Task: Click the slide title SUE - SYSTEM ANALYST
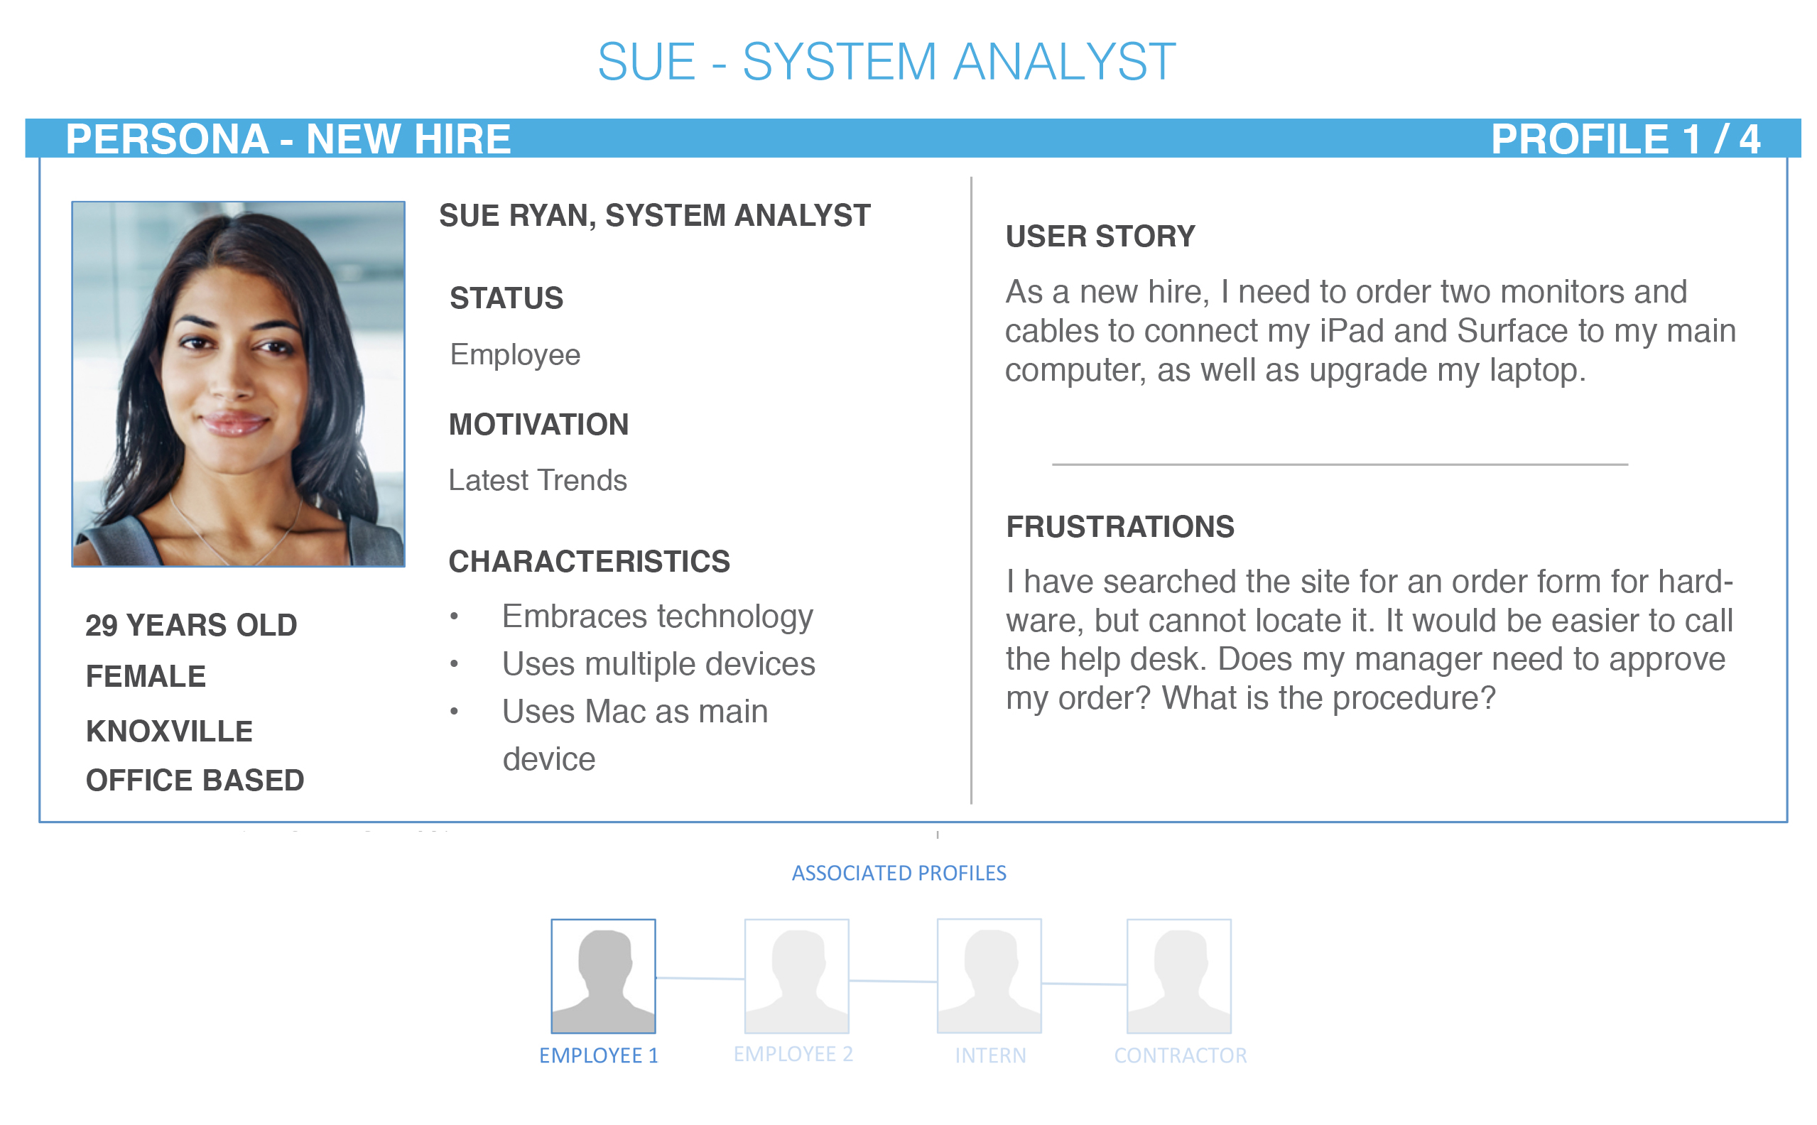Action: (x=886, y=61)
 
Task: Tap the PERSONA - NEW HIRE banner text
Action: (x=288, y=139)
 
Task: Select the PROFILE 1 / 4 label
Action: (x=1625, y=139)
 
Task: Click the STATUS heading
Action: (x=506, y=298)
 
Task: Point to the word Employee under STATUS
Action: (x=515, y=355)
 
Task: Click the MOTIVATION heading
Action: (x=538, y=424)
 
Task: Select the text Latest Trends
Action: (x=537, y=480)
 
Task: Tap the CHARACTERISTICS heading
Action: (x=590, y=561)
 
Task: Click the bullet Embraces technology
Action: (x=658, y=616)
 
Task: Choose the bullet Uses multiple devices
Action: (x=658, y=663)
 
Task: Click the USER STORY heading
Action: (x=1100, y=237)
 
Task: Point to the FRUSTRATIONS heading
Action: (x=1119, y=526)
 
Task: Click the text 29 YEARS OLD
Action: (x=191, y=625)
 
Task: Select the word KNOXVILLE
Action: (x=170, y=732)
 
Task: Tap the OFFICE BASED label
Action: (x=195, y=780)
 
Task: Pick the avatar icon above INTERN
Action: (x=989, y=976)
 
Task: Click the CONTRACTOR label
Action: (x=1180, y=1055)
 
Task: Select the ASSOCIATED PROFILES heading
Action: (x=899, y=873)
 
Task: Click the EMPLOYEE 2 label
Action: (x=793, y=1054)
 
